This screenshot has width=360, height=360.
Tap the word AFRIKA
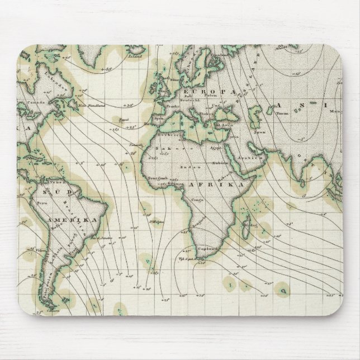[x=222, y=184]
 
